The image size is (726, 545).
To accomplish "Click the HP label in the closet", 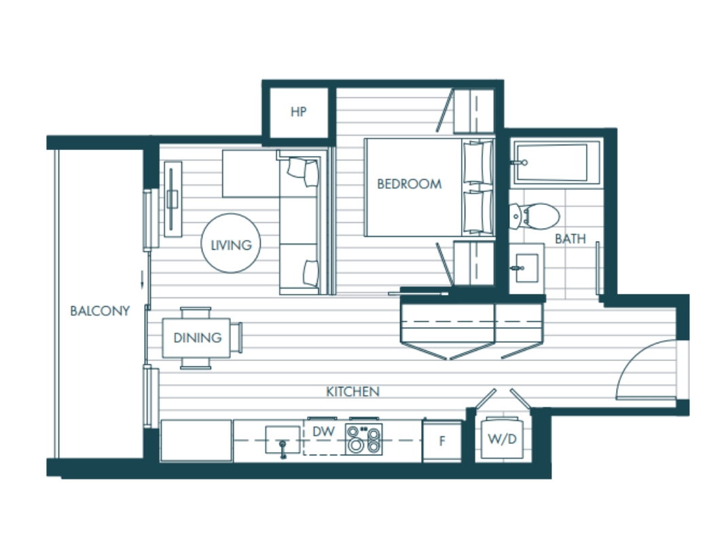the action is coord(298,111).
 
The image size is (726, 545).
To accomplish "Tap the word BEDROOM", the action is coord(410,184).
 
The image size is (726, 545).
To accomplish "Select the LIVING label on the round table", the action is coord(231,245).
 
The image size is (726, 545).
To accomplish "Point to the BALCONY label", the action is coord(100,311).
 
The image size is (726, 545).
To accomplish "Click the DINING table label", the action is coord(197,338).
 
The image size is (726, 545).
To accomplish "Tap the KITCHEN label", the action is coord(353,392).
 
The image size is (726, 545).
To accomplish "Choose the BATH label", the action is coord(570,239).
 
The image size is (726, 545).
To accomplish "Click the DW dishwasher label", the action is coord(323,432).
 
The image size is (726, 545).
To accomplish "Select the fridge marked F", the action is coord(442,440).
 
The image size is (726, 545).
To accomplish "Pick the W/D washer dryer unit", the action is coord(503,438).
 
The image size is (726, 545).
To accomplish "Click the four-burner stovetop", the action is coord(364,439).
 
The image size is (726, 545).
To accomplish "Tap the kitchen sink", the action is coord(283,440).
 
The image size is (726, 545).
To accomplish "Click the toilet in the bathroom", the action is coord(534,216).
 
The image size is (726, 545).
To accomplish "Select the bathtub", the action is coord(556,164).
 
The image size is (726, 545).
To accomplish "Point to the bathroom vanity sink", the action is coord(526,268).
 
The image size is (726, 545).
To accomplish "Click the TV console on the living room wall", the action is coord(173,199).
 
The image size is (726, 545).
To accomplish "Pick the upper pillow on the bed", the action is coord(478,163).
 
